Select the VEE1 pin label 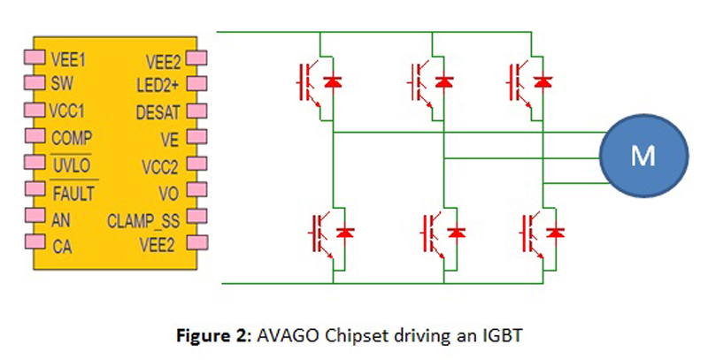pos(67,61)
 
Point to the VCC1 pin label pos(69,113)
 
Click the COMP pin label pos(72,139)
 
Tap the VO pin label pos(170,193)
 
